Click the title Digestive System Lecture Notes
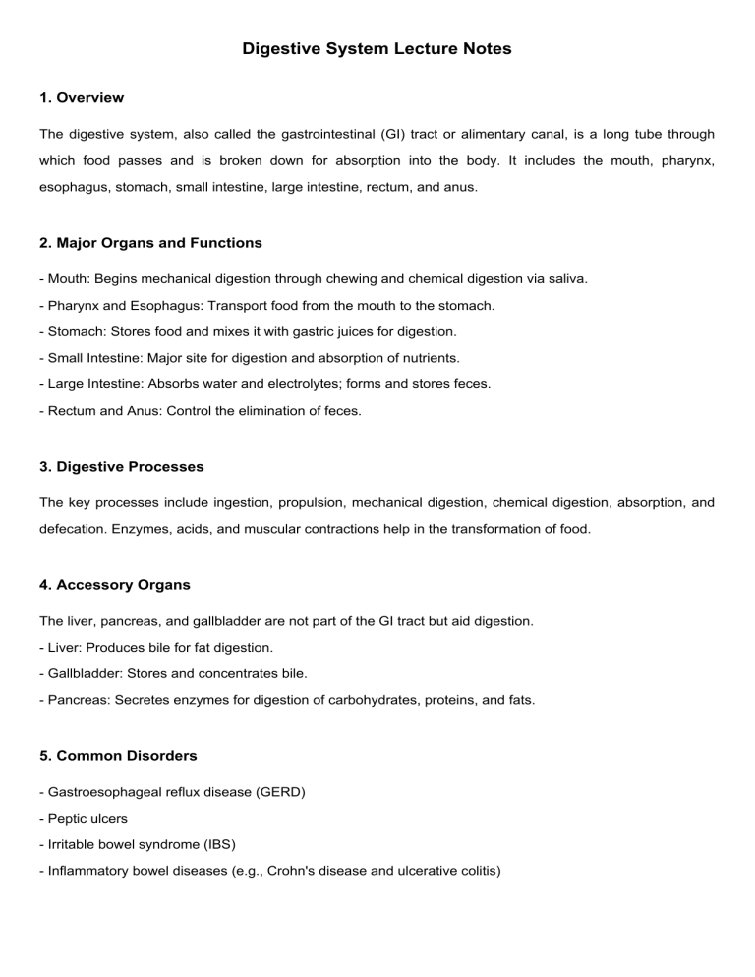click(377, 48)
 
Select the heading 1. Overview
click(82, 98)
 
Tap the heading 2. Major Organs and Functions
click(150, 242)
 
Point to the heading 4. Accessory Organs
click(115, 585)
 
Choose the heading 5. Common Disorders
click(118, 757)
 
